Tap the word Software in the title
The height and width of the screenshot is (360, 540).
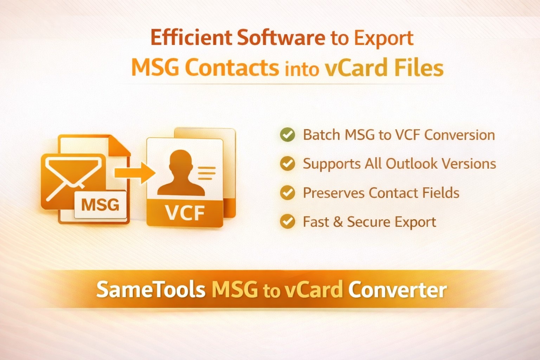tap(281, 38)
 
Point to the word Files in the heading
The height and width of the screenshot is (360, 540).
tap(419, 67)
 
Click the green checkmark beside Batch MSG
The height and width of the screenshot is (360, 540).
tap(287, 135)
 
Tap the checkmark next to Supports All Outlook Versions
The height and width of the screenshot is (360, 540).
tap(287, 163)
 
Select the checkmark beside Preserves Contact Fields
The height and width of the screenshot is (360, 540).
tap(287, 193)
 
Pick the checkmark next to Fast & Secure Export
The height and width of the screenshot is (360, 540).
tap(287, 222)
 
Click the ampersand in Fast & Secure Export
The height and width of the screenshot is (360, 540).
tap(338, 222)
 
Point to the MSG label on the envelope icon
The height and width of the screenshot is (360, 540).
tap(100, 205)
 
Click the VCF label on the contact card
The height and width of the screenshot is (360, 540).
tap(185, 213)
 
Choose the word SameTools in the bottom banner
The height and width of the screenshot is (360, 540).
tap(150, 290)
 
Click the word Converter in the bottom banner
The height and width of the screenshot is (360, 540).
tap(397, 290)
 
